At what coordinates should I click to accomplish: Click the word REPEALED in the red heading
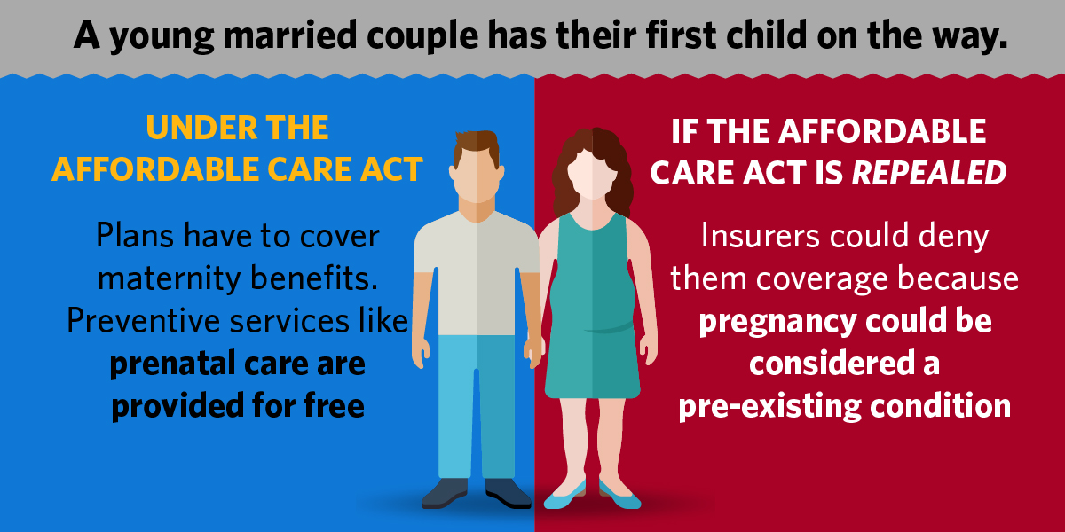[x=928, y=172]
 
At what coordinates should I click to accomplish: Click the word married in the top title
[x=290, y=35]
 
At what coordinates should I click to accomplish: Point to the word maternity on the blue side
[x=169, y=278]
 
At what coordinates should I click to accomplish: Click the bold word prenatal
[x=171, y=364]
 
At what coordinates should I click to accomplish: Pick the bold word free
[x=335, y=406]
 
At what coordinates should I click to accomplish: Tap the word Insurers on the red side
[x=761, y=235]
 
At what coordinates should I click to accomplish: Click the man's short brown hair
[x=477, y=145]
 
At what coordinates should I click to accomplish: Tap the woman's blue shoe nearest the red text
[x=619, y=496]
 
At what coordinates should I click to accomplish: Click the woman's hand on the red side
[x=649, y=350]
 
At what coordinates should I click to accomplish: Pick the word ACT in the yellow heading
[x=391, y=169]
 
